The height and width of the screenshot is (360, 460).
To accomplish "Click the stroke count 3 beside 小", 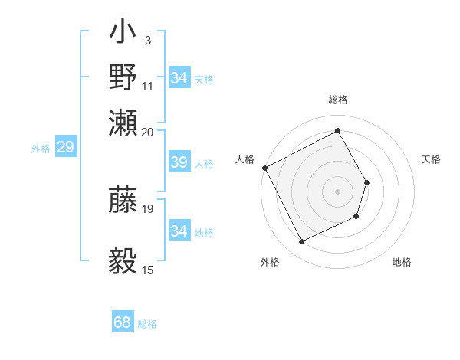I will pos(148,39).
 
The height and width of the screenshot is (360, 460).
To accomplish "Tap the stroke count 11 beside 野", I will pos(148,85).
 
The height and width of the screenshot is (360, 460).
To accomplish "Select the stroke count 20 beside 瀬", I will pos(148,131).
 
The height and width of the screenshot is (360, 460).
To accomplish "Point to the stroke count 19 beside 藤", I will pos(148,208).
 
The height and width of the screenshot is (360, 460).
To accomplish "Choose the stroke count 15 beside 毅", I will pos(148,270).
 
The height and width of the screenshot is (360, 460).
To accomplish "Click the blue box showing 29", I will pos(65,148).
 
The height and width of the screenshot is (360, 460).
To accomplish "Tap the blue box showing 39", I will pos(179,162).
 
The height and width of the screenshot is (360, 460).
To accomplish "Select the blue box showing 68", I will pos(122,322).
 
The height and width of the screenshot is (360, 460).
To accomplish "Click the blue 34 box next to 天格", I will pos(179,78).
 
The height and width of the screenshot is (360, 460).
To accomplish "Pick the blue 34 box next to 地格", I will pos(179,231).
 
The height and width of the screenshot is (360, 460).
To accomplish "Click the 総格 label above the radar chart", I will pos(338,100).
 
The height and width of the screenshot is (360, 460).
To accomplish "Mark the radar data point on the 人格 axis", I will pos(265,167).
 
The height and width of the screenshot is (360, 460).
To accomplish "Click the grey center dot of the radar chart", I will pos(338,191).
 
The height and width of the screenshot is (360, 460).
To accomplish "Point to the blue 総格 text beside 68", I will pos(147,324).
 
